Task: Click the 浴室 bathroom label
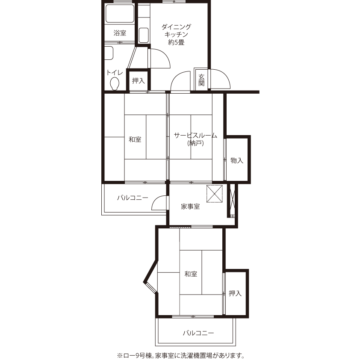coord(120,33)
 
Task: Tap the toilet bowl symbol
coord(115,84)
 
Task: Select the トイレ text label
coord(115,73)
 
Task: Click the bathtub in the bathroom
coord(120,14)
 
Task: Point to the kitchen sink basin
coord(144,35)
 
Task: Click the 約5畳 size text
coord(176,42)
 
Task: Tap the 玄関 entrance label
coord(201,80)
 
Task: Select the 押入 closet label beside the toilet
coord(139,80)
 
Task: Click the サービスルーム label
coord(195,136)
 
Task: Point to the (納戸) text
coord(195,143)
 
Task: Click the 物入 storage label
coord(237,160)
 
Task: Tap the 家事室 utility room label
coord(190,207)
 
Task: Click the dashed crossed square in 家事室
coord(215,194)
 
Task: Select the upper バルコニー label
coord(133,198)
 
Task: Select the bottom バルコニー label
coord(198,333)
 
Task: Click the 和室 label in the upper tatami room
coord(135,139)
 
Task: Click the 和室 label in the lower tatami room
coord(191,274)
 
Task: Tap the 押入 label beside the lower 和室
coord(235,293)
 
